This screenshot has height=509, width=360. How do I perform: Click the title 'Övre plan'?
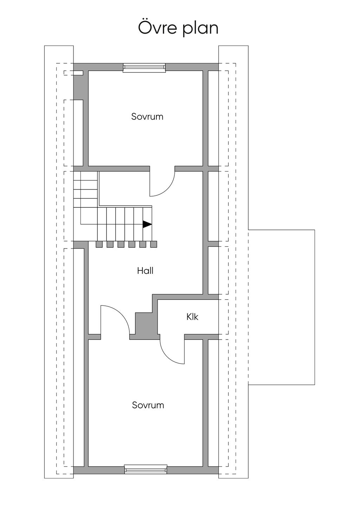click(178, 28)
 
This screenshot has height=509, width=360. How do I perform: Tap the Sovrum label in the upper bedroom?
click(147, 117)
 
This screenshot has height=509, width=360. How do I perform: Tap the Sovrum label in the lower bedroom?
click(148, 405)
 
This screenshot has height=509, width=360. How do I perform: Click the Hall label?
click(145, 271)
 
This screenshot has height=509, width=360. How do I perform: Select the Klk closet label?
click(192, 317)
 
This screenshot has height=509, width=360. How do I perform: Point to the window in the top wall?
click(144, 67)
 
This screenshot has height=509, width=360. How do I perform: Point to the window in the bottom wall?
click(146, 469)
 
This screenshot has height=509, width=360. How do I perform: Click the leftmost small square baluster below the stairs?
click(99, 244)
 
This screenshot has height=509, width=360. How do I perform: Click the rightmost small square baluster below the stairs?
click(154, 244)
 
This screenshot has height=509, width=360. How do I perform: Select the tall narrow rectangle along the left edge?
click(59, 262)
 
